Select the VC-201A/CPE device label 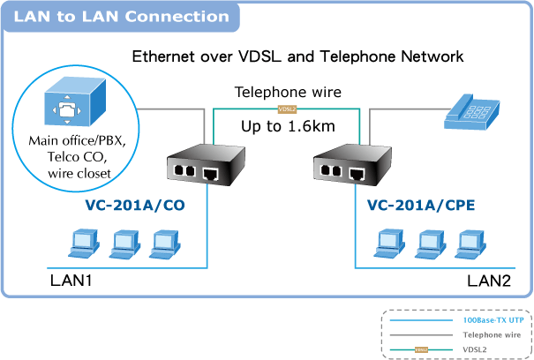point(420,206)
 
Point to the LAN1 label point(71,281)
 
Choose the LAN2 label point(489,281)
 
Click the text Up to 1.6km point(288,127)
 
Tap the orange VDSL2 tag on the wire point(287,109)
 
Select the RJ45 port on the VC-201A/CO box point(211,173)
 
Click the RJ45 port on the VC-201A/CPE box point(357,173)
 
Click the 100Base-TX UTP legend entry point(493,321)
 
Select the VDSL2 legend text point(477,350)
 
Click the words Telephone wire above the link point(287,92)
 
